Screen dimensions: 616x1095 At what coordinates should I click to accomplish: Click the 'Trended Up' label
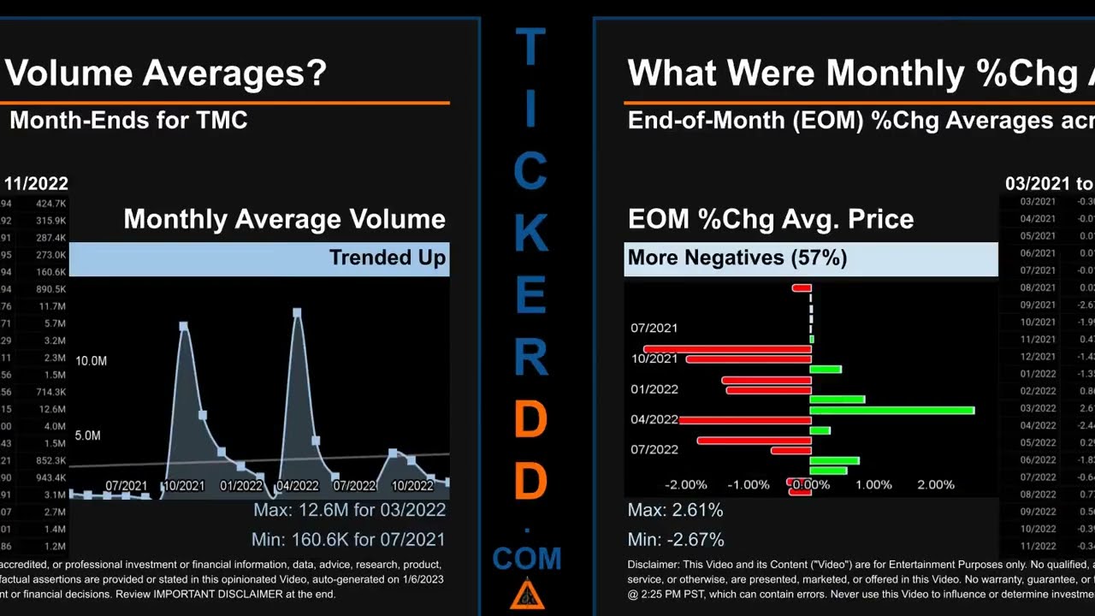(387, 258)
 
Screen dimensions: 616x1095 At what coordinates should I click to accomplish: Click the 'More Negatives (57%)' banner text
(737, 258)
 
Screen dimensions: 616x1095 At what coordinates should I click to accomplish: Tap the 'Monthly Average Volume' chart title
(284, 219)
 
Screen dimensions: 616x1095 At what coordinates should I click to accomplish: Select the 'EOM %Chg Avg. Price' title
(770, 219)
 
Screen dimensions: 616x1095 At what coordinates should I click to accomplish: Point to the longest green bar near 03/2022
(891, 411)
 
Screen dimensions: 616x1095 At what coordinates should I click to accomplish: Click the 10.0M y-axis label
(92, 361)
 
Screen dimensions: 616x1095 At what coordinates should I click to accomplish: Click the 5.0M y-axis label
(88, 435)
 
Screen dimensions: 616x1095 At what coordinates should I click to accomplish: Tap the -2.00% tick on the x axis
(686, 485)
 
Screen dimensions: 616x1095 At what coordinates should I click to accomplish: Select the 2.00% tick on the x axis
(935, 485)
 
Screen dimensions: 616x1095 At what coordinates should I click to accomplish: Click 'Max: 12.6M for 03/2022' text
(349, 510)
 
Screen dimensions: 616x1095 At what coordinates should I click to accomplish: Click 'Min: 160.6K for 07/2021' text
(348, 540)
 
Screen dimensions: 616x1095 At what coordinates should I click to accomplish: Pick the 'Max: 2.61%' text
(675, 510)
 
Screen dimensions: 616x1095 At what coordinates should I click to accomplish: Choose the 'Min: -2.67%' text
(676, 540)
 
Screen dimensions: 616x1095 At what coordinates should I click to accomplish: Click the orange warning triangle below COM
(527, 595)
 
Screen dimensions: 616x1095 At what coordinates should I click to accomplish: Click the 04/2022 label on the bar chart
(654, 420)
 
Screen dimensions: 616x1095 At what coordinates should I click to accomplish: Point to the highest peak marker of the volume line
(297, 313)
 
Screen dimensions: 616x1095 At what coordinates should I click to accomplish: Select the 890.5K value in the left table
(50, 289)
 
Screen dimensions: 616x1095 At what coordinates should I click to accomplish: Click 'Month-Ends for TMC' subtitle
(128, 120)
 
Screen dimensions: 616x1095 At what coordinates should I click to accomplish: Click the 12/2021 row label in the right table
(1038, 356)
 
